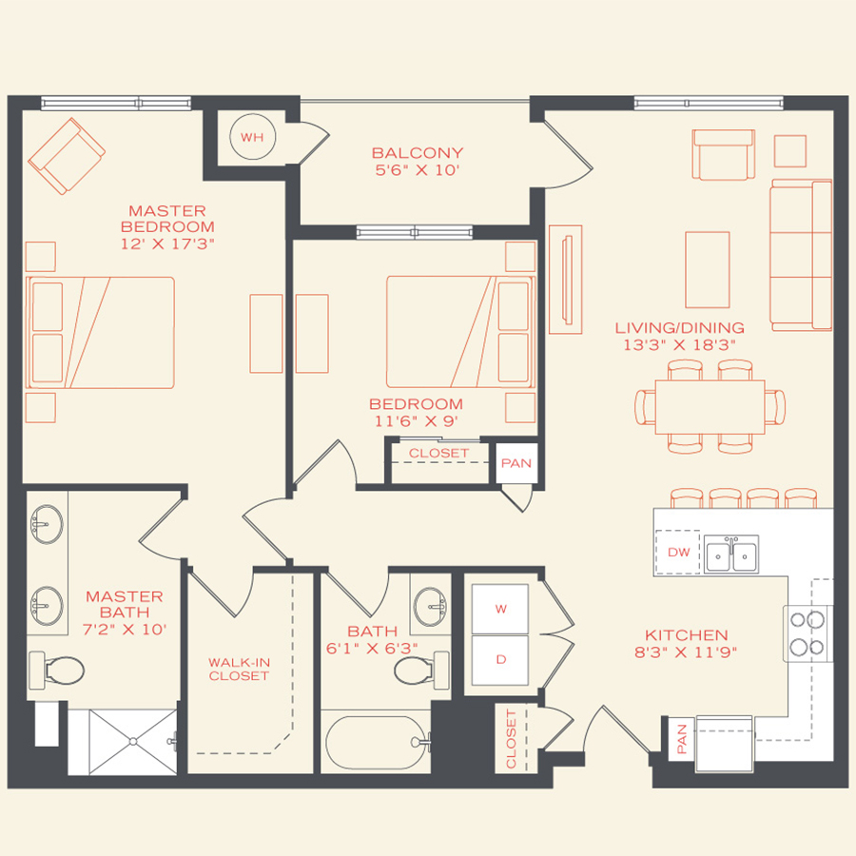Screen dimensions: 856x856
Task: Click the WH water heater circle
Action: (251, 137)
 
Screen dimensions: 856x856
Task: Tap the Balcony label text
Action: (417, 153)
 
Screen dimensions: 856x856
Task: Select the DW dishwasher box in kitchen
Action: (678, 552)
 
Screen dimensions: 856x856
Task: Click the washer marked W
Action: (500, 608)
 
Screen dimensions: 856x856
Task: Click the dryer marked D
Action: (500, 659)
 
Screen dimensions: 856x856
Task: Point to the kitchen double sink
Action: (730, 554)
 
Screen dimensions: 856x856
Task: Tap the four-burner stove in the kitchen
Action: (807, 633)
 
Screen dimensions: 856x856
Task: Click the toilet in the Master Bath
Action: (55, 670)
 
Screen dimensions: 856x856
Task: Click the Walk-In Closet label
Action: (239, 669)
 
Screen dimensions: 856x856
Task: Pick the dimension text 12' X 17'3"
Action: (166, 244)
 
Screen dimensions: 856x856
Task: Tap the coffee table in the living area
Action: (707, 256)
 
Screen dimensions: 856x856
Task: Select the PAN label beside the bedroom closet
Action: (516, 463)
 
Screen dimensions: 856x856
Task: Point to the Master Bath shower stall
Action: (122, 740)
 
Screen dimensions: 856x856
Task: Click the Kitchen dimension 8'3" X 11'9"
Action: (686, 652)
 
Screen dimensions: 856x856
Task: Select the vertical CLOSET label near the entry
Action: (511, 738)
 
